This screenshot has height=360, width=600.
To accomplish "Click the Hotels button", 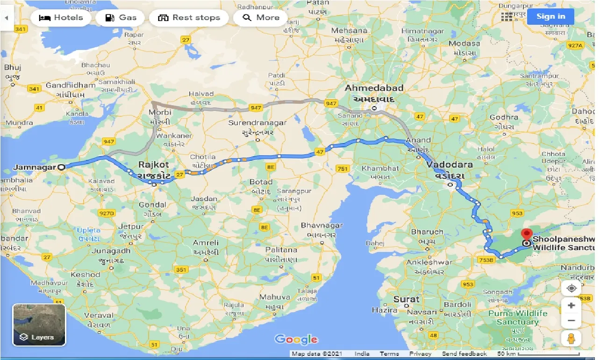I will pyautogui.click(x=61, y=18).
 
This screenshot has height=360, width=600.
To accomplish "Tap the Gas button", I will pyautogui.click(x=121, y=18).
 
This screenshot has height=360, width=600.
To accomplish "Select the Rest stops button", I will pyautogui.click(x=189, y=18).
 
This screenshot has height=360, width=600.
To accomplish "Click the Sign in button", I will pyautogui.click(x=550, y=16).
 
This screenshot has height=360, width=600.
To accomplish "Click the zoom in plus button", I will pyautogui.click(x=571, y=306).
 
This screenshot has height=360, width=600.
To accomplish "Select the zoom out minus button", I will pyautogui.click(x=571, y=321).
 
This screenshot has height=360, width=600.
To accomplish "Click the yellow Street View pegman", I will pyautogui.click(x=571, y=338).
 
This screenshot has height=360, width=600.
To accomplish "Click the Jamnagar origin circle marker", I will pyautogui.click(x=61, y=166).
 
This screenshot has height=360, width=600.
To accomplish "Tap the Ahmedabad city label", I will pyautogui.click(x=374, y=88).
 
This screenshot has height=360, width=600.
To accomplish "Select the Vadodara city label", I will pyautogui.click(x=449, y=165).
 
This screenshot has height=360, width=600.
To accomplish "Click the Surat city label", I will pyautogui.click(x=406, y=299).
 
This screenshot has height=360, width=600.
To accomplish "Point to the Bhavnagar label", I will pyautogui.click(x=321, y=226).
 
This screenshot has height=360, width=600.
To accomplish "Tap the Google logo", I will pyautogui.click(x=296, y=339).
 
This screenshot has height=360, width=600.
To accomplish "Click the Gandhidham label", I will pyautogui.click(x=71, y=86).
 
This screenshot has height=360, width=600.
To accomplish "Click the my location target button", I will pyautogui.click(x=571, y=288).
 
